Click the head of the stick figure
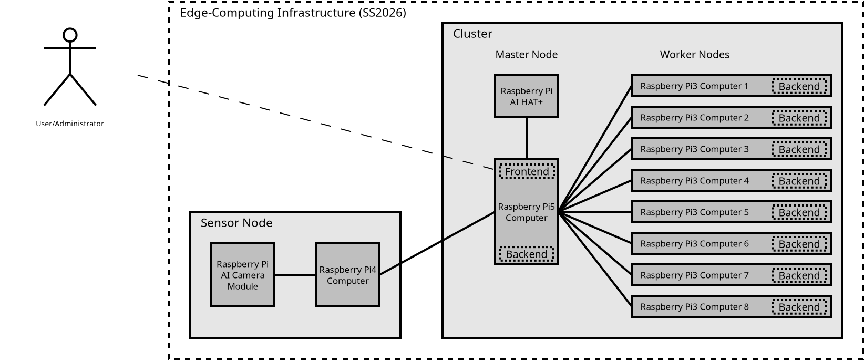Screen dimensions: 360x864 tap(70, 35)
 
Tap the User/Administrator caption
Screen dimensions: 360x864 tap(70, 124)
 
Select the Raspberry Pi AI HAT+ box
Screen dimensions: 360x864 tap(526, 96)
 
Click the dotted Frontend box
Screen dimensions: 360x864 tap(527, 172)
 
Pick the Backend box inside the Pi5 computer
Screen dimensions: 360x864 tap(527, 254)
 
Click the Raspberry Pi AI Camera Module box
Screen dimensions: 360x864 tap(242, 275)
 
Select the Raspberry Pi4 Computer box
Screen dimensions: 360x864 tap(347, 275)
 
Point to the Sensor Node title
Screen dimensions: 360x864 tap(236, 223)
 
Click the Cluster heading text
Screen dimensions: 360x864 tap(472, 34)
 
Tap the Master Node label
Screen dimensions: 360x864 tap(526, 55)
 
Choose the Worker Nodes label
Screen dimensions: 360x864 tap(694, 55)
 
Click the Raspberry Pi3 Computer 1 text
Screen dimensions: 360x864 tap(694, 86)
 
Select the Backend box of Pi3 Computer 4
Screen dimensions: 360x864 tap(799, 181)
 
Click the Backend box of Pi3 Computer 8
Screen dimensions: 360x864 tap(799, 307)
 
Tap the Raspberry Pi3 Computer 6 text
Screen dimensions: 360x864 tap(694, 244)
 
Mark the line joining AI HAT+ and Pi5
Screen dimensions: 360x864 tap(527, 138)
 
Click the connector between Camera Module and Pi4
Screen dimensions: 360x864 tap(295, 275)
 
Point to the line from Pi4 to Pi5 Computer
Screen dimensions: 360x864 tap(436, 243)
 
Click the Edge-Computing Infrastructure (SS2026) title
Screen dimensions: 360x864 tap(293, 13)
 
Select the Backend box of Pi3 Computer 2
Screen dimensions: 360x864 tap(799, 118)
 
